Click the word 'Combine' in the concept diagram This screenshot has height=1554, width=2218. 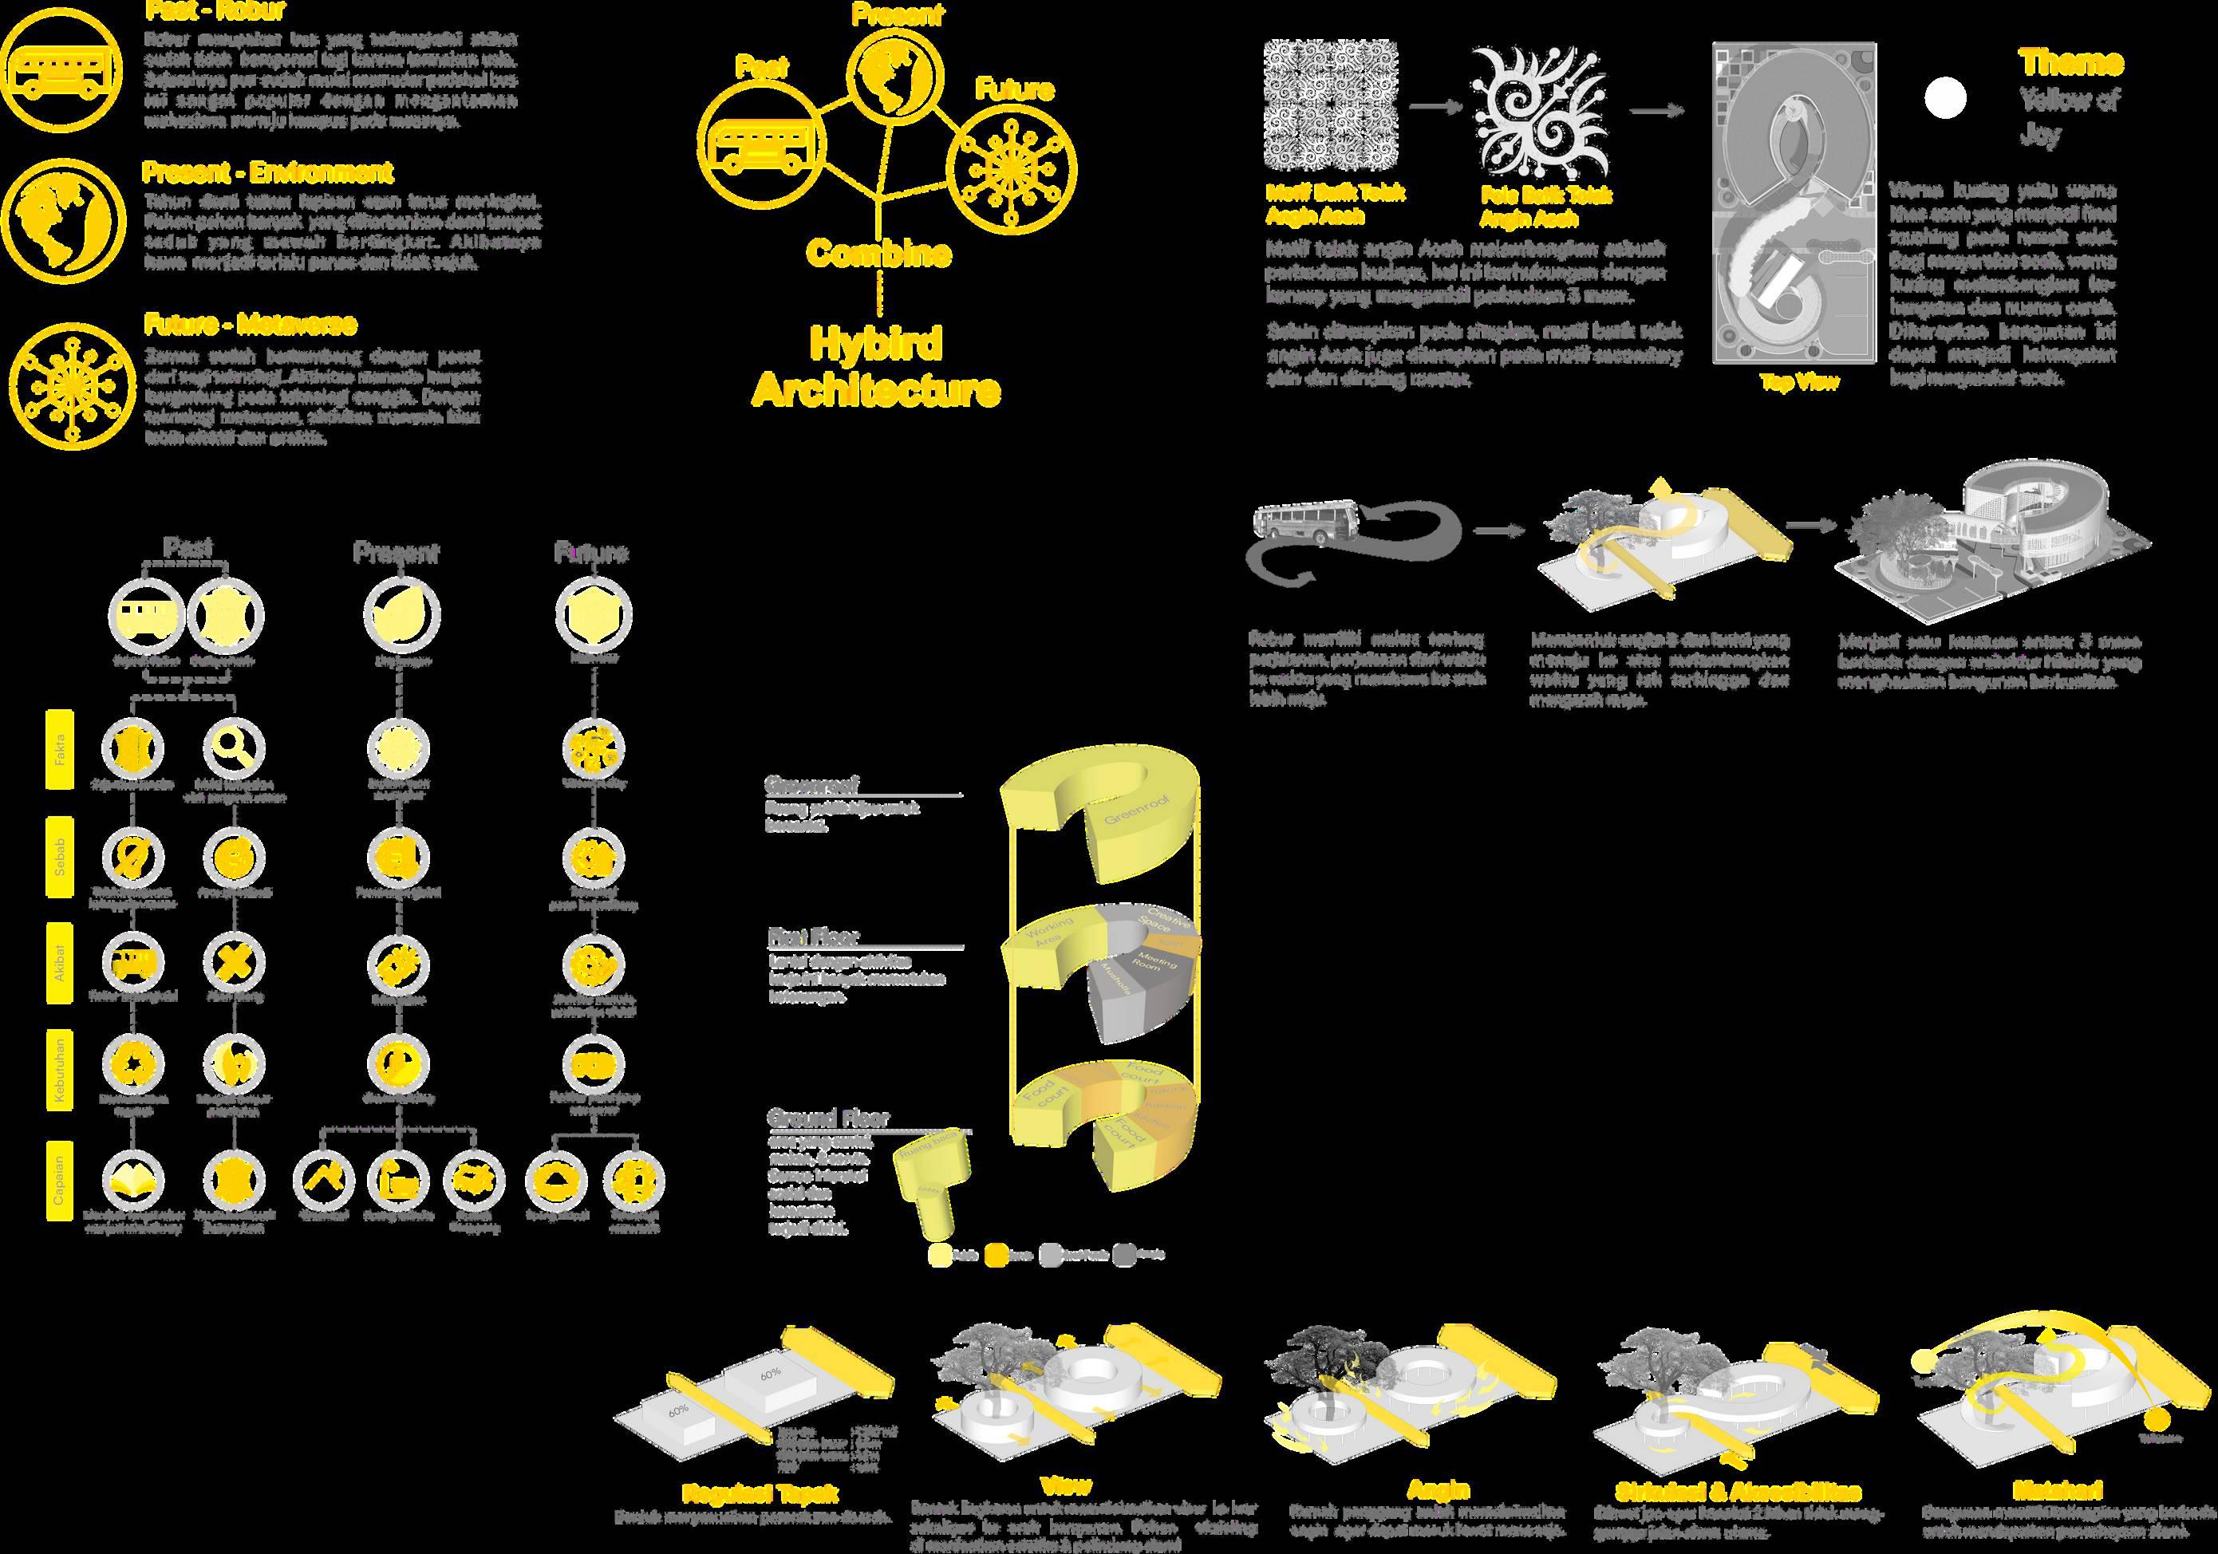click(878, 253)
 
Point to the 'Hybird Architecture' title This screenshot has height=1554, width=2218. click(875, 368)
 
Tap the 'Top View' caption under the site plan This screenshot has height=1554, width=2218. click(1799, 382)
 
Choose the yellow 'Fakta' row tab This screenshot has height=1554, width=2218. click(61, 749)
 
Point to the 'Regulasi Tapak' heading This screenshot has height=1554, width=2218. click(760, 1493)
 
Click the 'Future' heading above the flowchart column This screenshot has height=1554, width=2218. click(591, 553)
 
